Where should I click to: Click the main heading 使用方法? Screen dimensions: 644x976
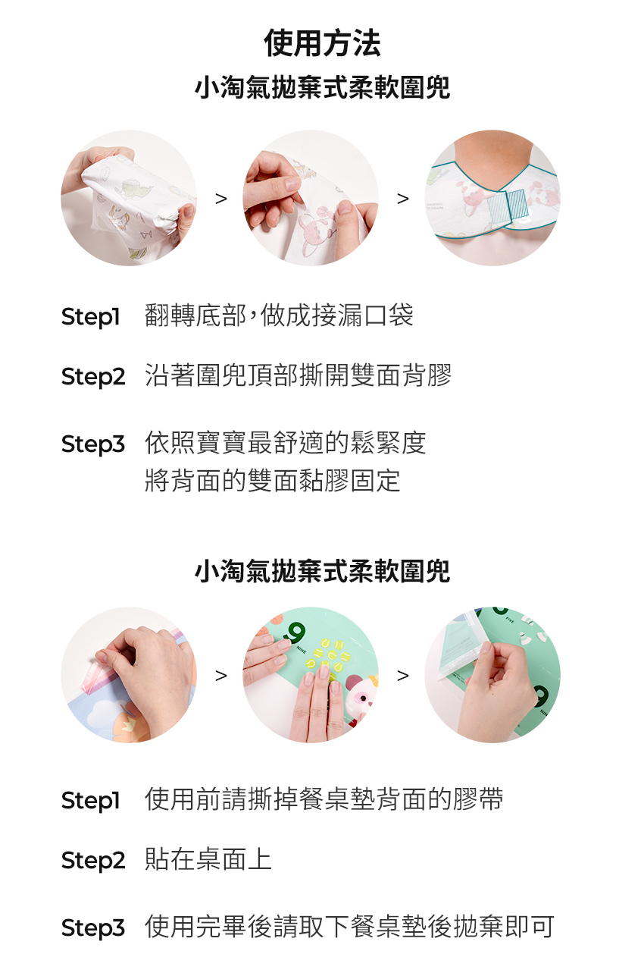click(322, 43)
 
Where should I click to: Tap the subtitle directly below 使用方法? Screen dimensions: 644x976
click(322, 87)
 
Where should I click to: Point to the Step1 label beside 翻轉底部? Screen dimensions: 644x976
click(91, 317)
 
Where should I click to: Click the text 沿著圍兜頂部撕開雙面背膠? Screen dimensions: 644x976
click(298, 375)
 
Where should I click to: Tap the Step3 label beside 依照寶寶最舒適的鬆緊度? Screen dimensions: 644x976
click(92, 444)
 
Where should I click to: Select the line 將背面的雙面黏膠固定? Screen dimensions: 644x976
click(272, 480)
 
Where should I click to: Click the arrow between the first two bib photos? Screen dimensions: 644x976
click(221, 199)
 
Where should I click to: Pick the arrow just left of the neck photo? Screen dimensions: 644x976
click(403, 199)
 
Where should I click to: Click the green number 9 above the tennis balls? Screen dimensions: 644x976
click(295, 633)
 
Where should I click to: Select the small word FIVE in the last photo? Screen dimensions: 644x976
click(510, 620)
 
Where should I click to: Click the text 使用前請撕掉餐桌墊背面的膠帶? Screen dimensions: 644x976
click(324, 799)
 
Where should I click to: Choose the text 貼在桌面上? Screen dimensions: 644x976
click(208, 859)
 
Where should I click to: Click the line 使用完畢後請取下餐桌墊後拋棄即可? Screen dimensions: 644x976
click(349, 927)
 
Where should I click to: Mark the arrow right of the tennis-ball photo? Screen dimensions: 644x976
click(403, 676)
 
